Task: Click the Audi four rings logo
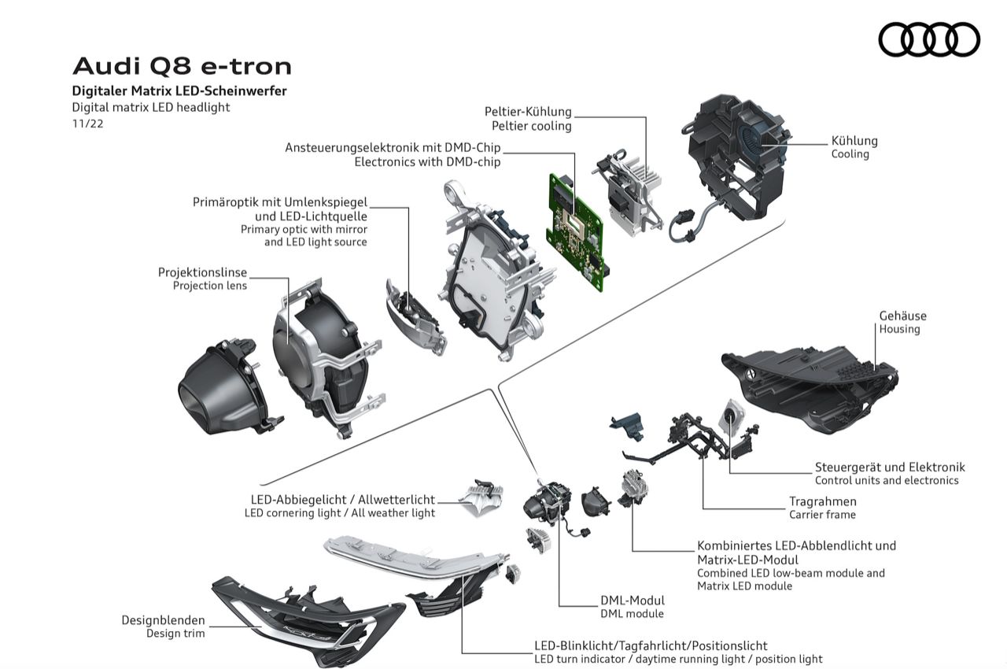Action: [x=929, y=39]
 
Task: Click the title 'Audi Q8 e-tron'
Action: [x=182, y=65]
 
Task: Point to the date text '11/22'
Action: [x=88, y=124]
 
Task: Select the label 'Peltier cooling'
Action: [x=532, y=126]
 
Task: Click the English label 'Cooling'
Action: [x=850, y=154]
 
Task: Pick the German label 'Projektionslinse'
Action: [x=202, y=272]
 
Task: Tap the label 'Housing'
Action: [x=899, y=329]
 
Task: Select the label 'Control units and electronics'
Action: [x=887, y=480]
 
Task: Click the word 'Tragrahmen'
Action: [x=823, y=501]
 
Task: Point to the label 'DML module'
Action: [x=632, y=614]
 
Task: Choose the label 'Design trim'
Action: [x=175, y=633]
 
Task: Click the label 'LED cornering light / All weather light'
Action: [x=340, y=513]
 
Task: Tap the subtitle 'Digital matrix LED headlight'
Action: [x=151, y=107]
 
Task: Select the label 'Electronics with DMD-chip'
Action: [x=427, y=162]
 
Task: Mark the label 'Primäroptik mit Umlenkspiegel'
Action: [x=280, y=202]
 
